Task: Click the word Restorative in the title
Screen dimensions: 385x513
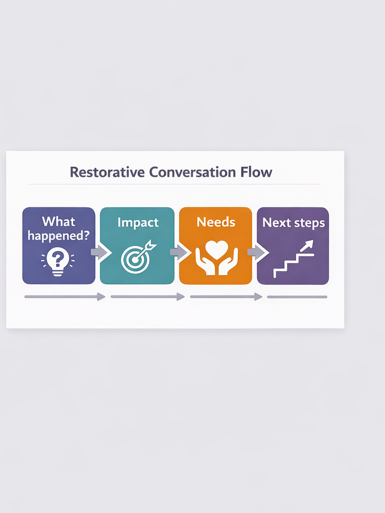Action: pyautogui.click(x=107, y=172)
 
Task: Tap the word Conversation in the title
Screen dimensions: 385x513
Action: pyautogui.click(x=192, y=172)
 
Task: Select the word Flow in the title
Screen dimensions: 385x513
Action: pyautogui.click(x=256, y=172)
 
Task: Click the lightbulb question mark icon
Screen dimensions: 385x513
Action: pyautogui.click(x=58, y=262)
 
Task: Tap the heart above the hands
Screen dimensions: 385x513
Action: pyautogui.click(x=217, y=249)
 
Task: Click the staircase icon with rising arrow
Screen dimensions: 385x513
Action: pyautogui.click(x=294, y=259)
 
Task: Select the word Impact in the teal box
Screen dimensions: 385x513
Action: pyautogui.click(x=138, y=222)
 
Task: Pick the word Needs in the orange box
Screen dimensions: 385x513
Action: pyautogui.click(x=216, y=222)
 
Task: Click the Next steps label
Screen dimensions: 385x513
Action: pyautogui.click(x=293, y=223)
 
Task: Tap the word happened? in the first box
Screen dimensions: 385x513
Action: pyautogui.click(x=59, y=235)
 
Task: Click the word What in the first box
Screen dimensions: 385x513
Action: pyautogui.click(x=59, y=221)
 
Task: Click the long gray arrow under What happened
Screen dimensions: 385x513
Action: pyautogui.click(x=65, y=297)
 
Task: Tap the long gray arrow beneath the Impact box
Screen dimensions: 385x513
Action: pyautogui.click(x=148, y=297)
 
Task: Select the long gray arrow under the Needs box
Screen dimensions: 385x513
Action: pyautogui.click(x=226, y=297)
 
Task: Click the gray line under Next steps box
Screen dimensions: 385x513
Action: pyautogui.click(x=297, y=297)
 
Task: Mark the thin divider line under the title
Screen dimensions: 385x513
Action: pyautogui.click(x=175, y=184)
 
